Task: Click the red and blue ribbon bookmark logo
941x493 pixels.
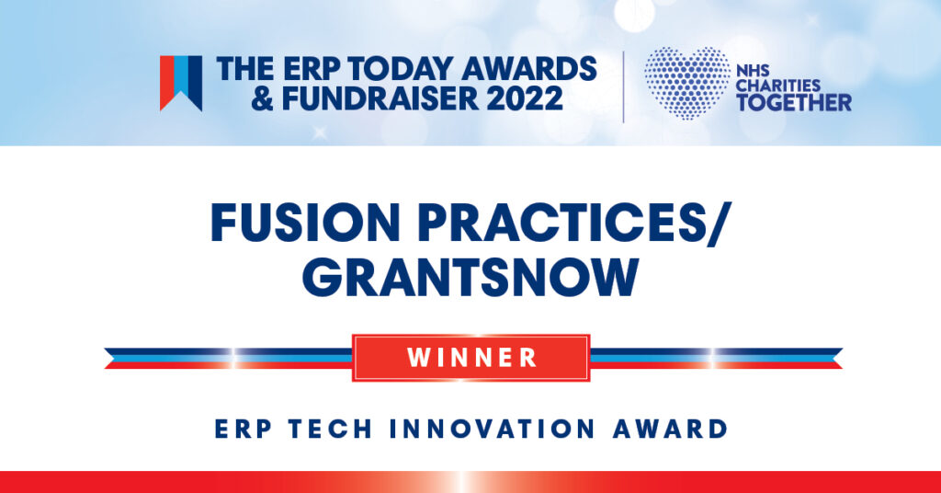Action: tap(181, 84)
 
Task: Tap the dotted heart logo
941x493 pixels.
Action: tap(687, 83)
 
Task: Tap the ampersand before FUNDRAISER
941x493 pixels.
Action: tap(263, 98)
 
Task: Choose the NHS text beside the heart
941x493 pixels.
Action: tap(753, 72)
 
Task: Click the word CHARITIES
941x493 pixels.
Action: tap(777, 86)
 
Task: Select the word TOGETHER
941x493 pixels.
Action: tap(794, 103)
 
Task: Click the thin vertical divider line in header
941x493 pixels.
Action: tap(624, 87)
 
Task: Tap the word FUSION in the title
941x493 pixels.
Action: tap(305, 223)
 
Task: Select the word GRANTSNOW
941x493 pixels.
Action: tap(470, 278)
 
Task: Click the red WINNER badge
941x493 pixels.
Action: tap(471, 358)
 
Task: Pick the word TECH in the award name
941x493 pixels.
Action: tap(330, 430)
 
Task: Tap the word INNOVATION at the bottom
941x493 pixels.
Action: tap(493, 430)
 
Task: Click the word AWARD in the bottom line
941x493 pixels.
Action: tap(670, 430)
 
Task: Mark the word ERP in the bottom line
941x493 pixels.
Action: tap(243, 430)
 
